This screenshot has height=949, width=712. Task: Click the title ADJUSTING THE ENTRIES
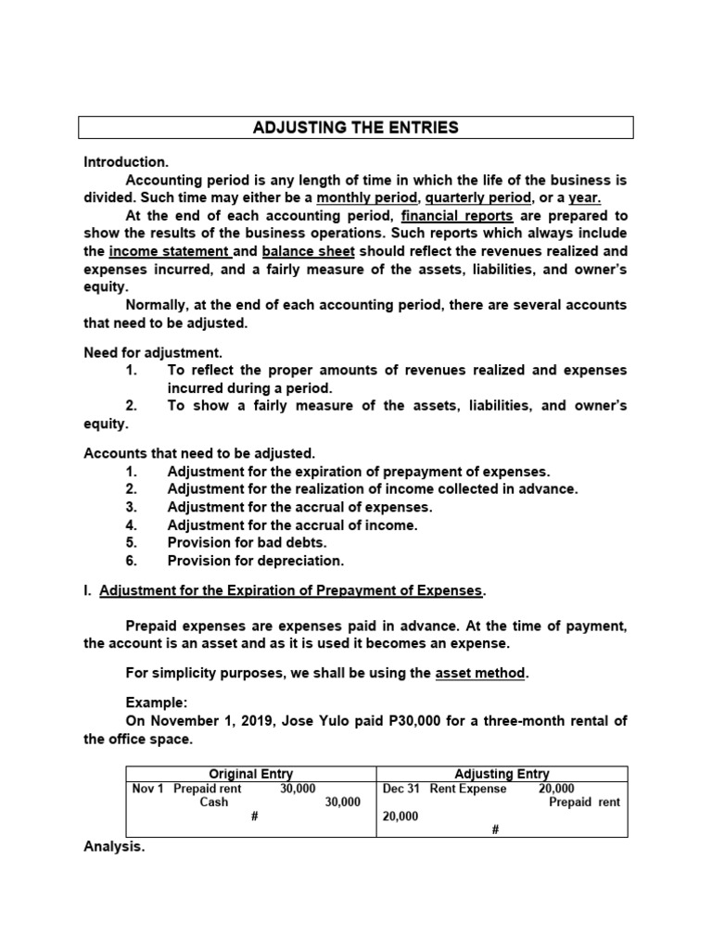pyautogui.click(x=355, y=128)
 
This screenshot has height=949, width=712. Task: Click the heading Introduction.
pyautogui.click(x=126, y=161)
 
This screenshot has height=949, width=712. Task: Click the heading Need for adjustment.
pyautogui.click(x=153, y=352)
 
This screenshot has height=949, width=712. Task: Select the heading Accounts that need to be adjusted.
pyautogui.click(x=199, y=453)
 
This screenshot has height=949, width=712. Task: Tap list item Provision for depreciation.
pyautogui.click(x=255, y=561)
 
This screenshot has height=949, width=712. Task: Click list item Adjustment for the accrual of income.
pyautogui.click(x=292, y=525)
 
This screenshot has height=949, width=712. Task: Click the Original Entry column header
pyautogui.click(x=250, y=774)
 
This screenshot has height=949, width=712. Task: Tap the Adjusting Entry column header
pyautogui.click(x=502, y=774)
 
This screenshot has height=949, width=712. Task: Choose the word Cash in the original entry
pyautogui.click(x=213, y=803)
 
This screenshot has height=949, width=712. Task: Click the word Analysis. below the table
pyautogui.click(x=114, y=847)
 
